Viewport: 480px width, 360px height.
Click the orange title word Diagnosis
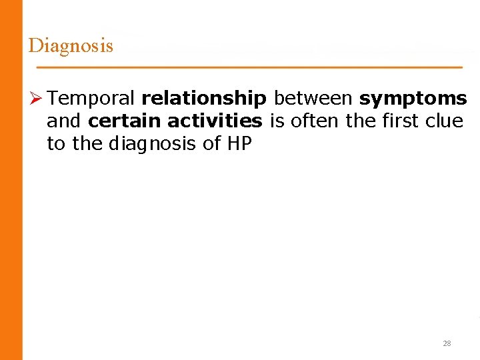71,45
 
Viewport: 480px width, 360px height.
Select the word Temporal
91,99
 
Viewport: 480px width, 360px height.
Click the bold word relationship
203,99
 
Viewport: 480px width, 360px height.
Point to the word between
313,99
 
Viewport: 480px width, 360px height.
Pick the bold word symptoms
413,99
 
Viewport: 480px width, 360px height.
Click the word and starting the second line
64,121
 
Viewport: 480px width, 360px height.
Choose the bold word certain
125,121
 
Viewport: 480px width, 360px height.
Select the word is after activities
277,121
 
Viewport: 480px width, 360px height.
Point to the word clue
445,121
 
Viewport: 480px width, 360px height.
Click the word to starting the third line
56,144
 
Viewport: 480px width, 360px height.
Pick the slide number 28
447,343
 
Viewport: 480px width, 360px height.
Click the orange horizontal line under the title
249,68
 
